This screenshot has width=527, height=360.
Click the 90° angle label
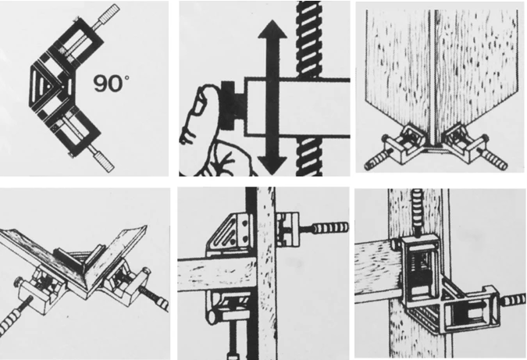[x=111, y=84]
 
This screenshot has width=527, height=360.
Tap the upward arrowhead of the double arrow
[x=272, y=30]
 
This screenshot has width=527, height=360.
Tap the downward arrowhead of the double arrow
[x=272, y=166]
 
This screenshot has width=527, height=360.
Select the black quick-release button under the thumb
[x=232, y=105]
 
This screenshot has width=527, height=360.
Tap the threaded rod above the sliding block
[x=308, y=40]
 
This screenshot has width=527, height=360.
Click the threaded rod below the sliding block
[x=309, y=156]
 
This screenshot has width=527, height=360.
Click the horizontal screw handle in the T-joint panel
[x=330, y=229]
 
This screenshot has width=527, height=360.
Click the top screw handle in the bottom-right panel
[x=418, y=211]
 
